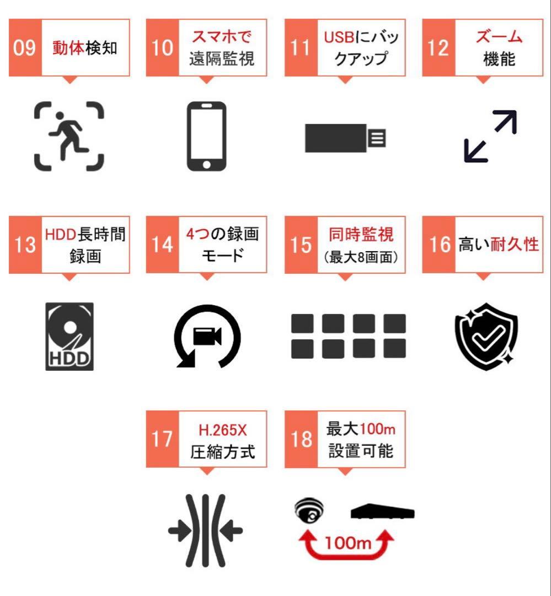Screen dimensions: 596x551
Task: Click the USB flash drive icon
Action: tap(345, 137)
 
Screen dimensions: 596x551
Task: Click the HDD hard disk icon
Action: tap(69, 336)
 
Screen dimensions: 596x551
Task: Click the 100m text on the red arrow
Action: tap(347, 542)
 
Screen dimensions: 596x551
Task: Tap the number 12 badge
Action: tap(438, 48)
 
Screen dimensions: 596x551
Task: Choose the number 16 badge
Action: tap(440, 244)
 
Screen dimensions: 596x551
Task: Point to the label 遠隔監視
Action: tap(222, 58)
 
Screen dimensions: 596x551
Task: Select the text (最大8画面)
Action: tap(361, 257)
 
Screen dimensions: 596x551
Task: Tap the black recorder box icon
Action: tap(383, 513)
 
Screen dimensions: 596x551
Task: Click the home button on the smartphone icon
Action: tap(206, 164)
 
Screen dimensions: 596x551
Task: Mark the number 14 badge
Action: tap(163, 244)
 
